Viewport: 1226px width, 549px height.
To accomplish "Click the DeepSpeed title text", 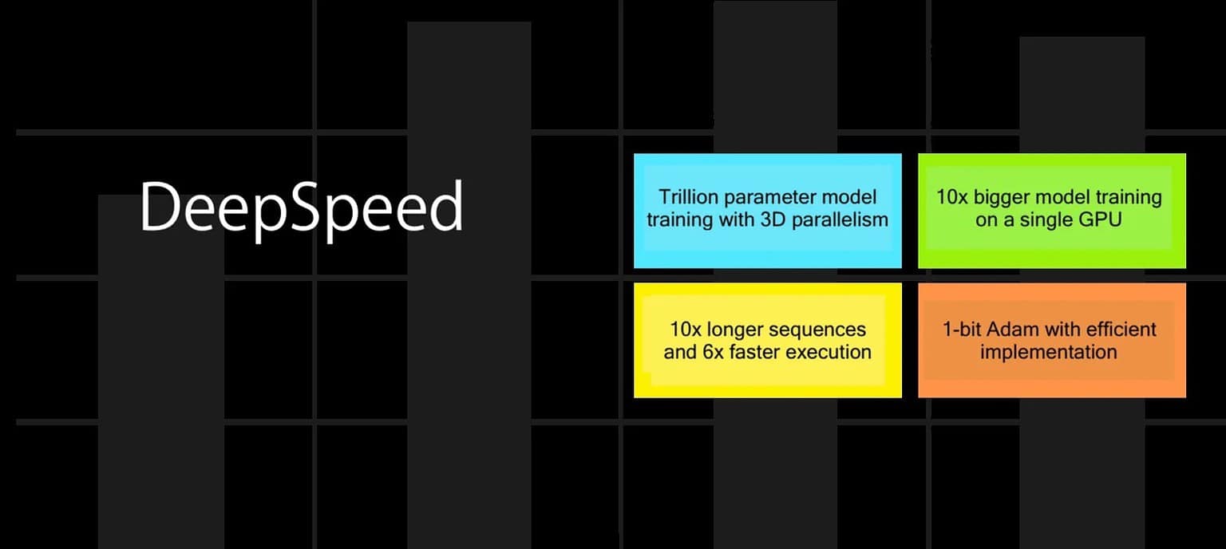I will point(301,207).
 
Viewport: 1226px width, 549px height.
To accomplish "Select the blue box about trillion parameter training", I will point(767,211).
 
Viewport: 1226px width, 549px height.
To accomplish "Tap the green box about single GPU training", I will point(1051,211).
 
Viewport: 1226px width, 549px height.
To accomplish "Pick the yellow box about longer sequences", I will point(767,340).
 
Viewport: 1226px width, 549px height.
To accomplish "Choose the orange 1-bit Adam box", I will point(1051,340).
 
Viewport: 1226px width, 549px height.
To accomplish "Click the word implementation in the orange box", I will point(1048,352).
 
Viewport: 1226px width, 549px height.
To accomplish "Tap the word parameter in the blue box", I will point(769,197).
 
